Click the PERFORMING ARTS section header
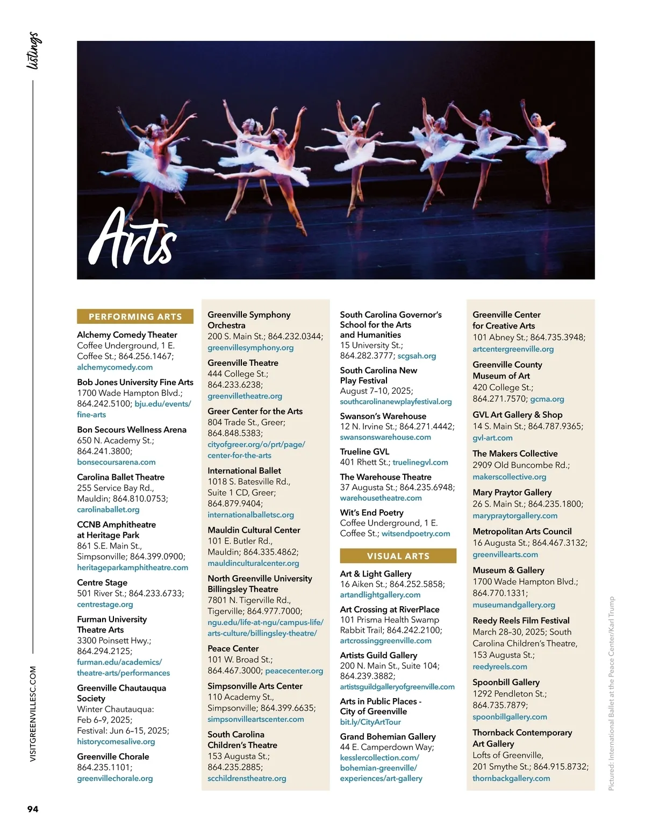tap(135, 317)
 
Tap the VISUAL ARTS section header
tap(398, 556)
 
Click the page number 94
tap(33, 809)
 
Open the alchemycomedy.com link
tap(114, 367)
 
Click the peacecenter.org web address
tap(294, 671)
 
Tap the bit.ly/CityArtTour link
tap(370, 722)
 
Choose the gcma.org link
tap(547, 399)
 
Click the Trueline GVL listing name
tap(364, 452)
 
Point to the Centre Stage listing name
tap(102, 583)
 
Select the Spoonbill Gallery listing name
tap(506, 682)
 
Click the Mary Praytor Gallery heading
tap(512, 492)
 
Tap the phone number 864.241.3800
tap(104, 451)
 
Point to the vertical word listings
tap(33, 51)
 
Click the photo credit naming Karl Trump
tap(611, 694)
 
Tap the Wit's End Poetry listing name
tap(371, 513)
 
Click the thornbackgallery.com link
tap(511, 778)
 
